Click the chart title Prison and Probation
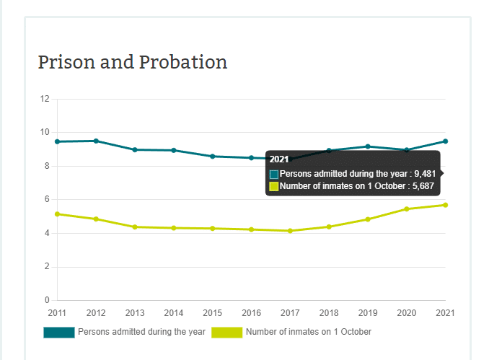click(132, 62)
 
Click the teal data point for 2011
click(57, 141)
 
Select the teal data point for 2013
click(135, 149)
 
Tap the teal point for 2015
click(213, 156)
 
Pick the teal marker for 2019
click(368, 146)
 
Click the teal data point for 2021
click(445, 141)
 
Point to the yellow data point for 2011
click(57, 214)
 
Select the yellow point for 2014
click(174, 228)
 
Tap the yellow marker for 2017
click(290, 231)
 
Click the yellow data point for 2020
click(407, 209)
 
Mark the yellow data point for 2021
click(445, 205)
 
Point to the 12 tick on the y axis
click(45, 99)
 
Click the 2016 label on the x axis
click(251, 312)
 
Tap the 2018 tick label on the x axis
click(329, 312)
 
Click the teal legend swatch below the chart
click(58, 332)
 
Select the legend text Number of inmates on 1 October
click(308, 332)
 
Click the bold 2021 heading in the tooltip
click(278, 159)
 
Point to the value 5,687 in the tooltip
click(422, 186)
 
